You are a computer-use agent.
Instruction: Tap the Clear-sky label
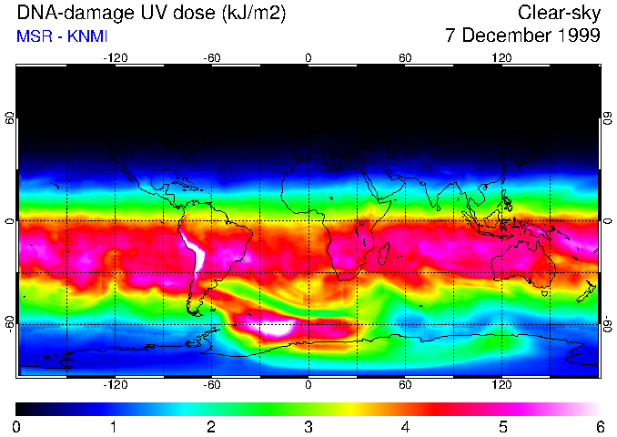coord(559,13)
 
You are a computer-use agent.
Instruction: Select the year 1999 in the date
coord(577,36)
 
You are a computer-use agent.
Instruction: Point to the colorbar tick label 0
coord(17,426)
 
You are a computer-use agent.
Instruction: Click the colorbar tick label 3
coord(308,426)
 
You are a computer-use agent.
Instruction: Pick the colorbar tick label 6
coord(599,426)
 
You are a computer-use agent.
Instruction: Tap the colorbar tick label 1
coord(114,426)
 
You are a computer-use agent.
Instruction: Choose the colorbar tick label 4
coord(405,426)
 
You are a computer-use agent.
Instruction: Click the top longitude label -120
coord(115,58)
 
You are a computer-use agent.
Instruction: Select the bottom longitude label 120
coord(501,385)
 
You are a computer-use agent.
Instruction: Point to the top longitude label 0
coord(308,58)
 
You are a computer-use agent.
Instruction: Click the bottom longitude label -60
coord(212,385)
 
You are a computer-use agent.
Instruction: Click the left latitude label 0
coord(9,221)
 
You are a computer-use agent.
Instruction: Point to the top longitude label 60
coord(405,58)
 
